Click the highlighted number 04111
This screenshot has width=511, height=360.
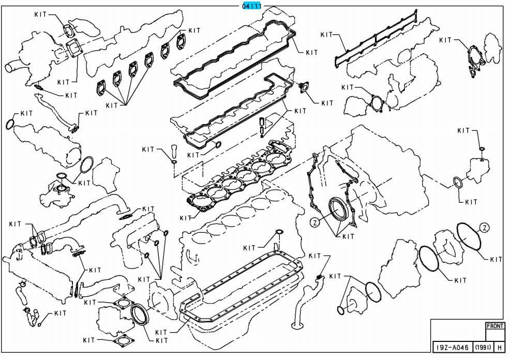[x=252, y=6]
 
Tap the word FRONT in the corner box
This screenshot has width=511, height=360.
[x=495, y=327]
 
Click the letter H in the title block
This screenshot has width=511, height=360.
[x=500, y=348]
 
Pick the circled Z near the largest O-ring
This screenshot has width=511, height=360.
[x=484, y=228]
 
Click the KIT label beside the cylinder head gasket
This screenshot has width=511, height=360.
[x=186, y=218]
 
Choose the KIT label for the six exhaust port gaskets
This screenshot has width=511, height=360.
[x=112, y=105]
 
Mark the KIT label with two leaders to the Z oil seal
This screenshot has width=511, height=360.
[x=348, y=236]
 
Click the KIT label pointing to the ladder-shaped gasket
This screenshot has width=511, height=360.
[x=326, y=35]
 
